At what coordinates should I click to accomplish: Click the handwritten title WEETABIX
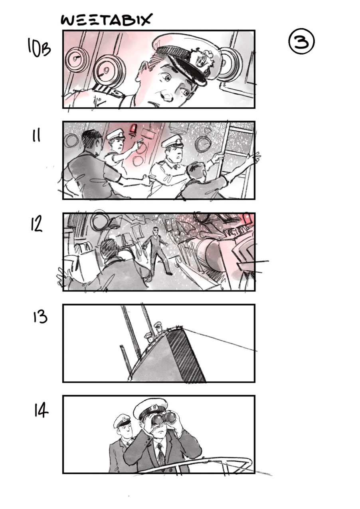tap(106, 20)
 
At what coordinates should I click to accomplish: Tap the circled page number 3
tap(301, 42)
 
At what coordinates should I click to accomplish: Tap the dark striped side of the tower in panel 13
tap(186, 358)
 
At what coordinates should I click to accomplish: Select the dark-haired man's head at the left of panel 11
tap(91, 141)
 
